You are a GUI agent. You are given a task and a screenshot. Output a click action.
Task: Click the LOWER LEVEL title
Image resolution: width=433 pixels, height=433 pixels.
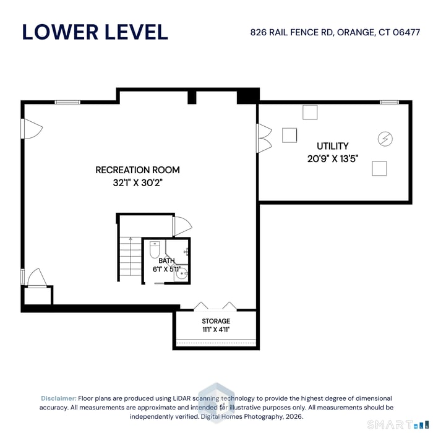pyautogui.click(x=95, y=32)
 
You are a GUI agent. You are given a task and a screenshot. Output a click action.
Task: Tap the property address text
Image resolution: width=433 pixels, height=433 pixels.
pyautogui.click(x=335, y=32)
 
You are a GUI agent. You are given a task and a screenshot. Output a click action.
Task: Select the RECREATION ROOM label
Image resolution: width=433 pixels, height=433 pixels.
pyautogui.click(x=137, y=170)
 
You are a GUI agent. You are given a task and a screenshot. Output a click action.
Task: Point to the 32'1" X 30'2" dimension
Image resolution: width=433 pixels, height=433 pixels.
pyautogui.click(x=137, y=182)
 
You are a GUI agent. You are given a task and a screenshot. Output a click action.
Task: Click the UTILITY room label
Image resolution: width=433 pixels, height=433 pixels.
pyautogui.click(x=333, y=146)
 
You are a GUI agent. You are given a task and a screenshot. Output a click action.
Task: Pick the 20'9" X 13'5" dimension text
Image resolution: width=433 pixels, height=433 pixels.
pyautogui.click(x=333, y=159)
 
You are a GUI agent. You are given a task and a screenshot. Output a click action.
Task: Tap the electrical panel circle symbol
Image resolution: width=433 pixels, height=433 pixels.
pyautogui.click(x=385, y=139)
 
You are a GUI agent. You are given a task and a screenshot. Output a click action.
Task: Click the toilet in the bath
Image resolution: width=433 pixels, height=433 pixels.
pyautogui.click(x=155, y=249)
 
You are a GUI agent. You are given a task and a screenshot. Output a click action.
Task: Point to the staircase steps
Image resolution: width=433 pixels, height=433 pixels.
pyautogui.click(x=131, y=256)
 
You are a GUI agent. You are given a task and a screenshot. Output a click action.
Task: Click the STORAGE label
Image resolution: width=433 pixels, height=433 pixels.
pyautogui.click(x=216, y=321)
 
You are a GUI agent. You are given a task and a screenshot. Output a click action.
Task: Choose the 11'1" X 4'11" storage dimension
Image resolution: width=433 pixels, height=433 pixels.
pyautogui.click(x=216, y=330)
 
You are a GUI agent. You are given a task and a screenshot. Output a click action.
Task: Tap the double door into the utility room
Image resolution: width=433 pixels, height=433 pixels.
pyautogui.click(x=264, y=138)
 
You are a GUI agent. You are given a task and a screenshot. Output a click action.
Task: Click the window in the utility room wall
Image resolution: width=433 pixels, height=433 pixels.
pyautogui.click(x=389, y=102)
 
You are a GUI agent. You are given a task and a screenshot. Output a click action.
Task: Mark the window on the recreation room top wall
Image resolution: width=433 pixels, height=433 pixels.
pyautogui.click(x=67, y=102)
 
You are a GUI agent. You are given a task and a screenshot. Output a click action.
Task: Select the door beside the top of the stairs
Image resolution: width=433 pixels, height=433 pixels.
pyautogui.click(x=182, y=226)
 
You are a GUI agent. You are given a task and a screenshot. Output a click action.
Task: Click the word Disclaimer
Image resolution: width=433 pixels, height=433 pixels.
pyautogui.click(x=59, y=398)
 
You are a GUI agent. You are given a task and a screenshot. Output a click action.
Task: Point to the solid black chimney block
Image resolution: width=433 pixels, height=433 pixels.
pyautogui.click(x=248, y=96)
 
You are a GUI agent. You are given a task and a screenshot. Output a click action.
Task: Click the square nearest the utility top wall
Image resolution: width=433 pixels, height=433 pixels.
pyautogui.click(x=310, y=113)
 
